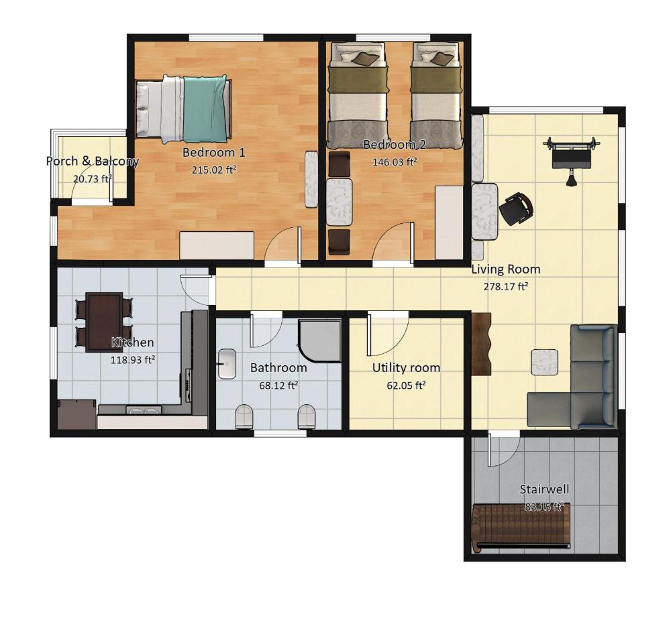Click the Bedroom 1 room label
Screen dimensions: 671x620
[214, 152]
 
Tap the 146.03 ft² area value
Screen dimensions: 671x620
[395, 162]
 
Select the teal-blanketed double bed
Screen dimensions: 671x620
[184, 109]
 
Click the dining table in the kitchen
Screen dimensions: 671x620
[104, 322]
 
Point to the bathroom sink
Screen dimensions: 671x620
[227, 364]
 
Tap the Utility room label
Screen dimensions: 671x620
[406, 368]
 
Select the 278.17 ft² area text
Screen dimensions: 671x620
[505, 286]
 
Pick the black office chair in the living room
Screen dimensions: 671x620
[516, 208]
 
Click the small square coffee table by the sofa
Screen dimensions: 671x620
[545, 363]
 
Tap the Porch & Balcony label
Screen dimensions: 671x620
[93, 161]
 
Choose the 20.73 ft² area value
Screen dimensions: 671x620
[93, 179]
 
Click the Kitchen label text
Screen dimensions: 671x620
[133, 343]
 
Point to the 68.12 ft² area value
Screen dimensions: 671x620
[278, 385]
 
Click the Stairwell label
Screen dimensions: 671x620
[544, 489]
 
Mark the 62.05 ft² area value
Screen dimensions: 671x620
[406, 385]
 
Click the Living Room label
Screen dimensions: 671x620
[506, 269]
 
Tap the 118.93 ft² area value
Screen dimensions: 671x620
[133, 360]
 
